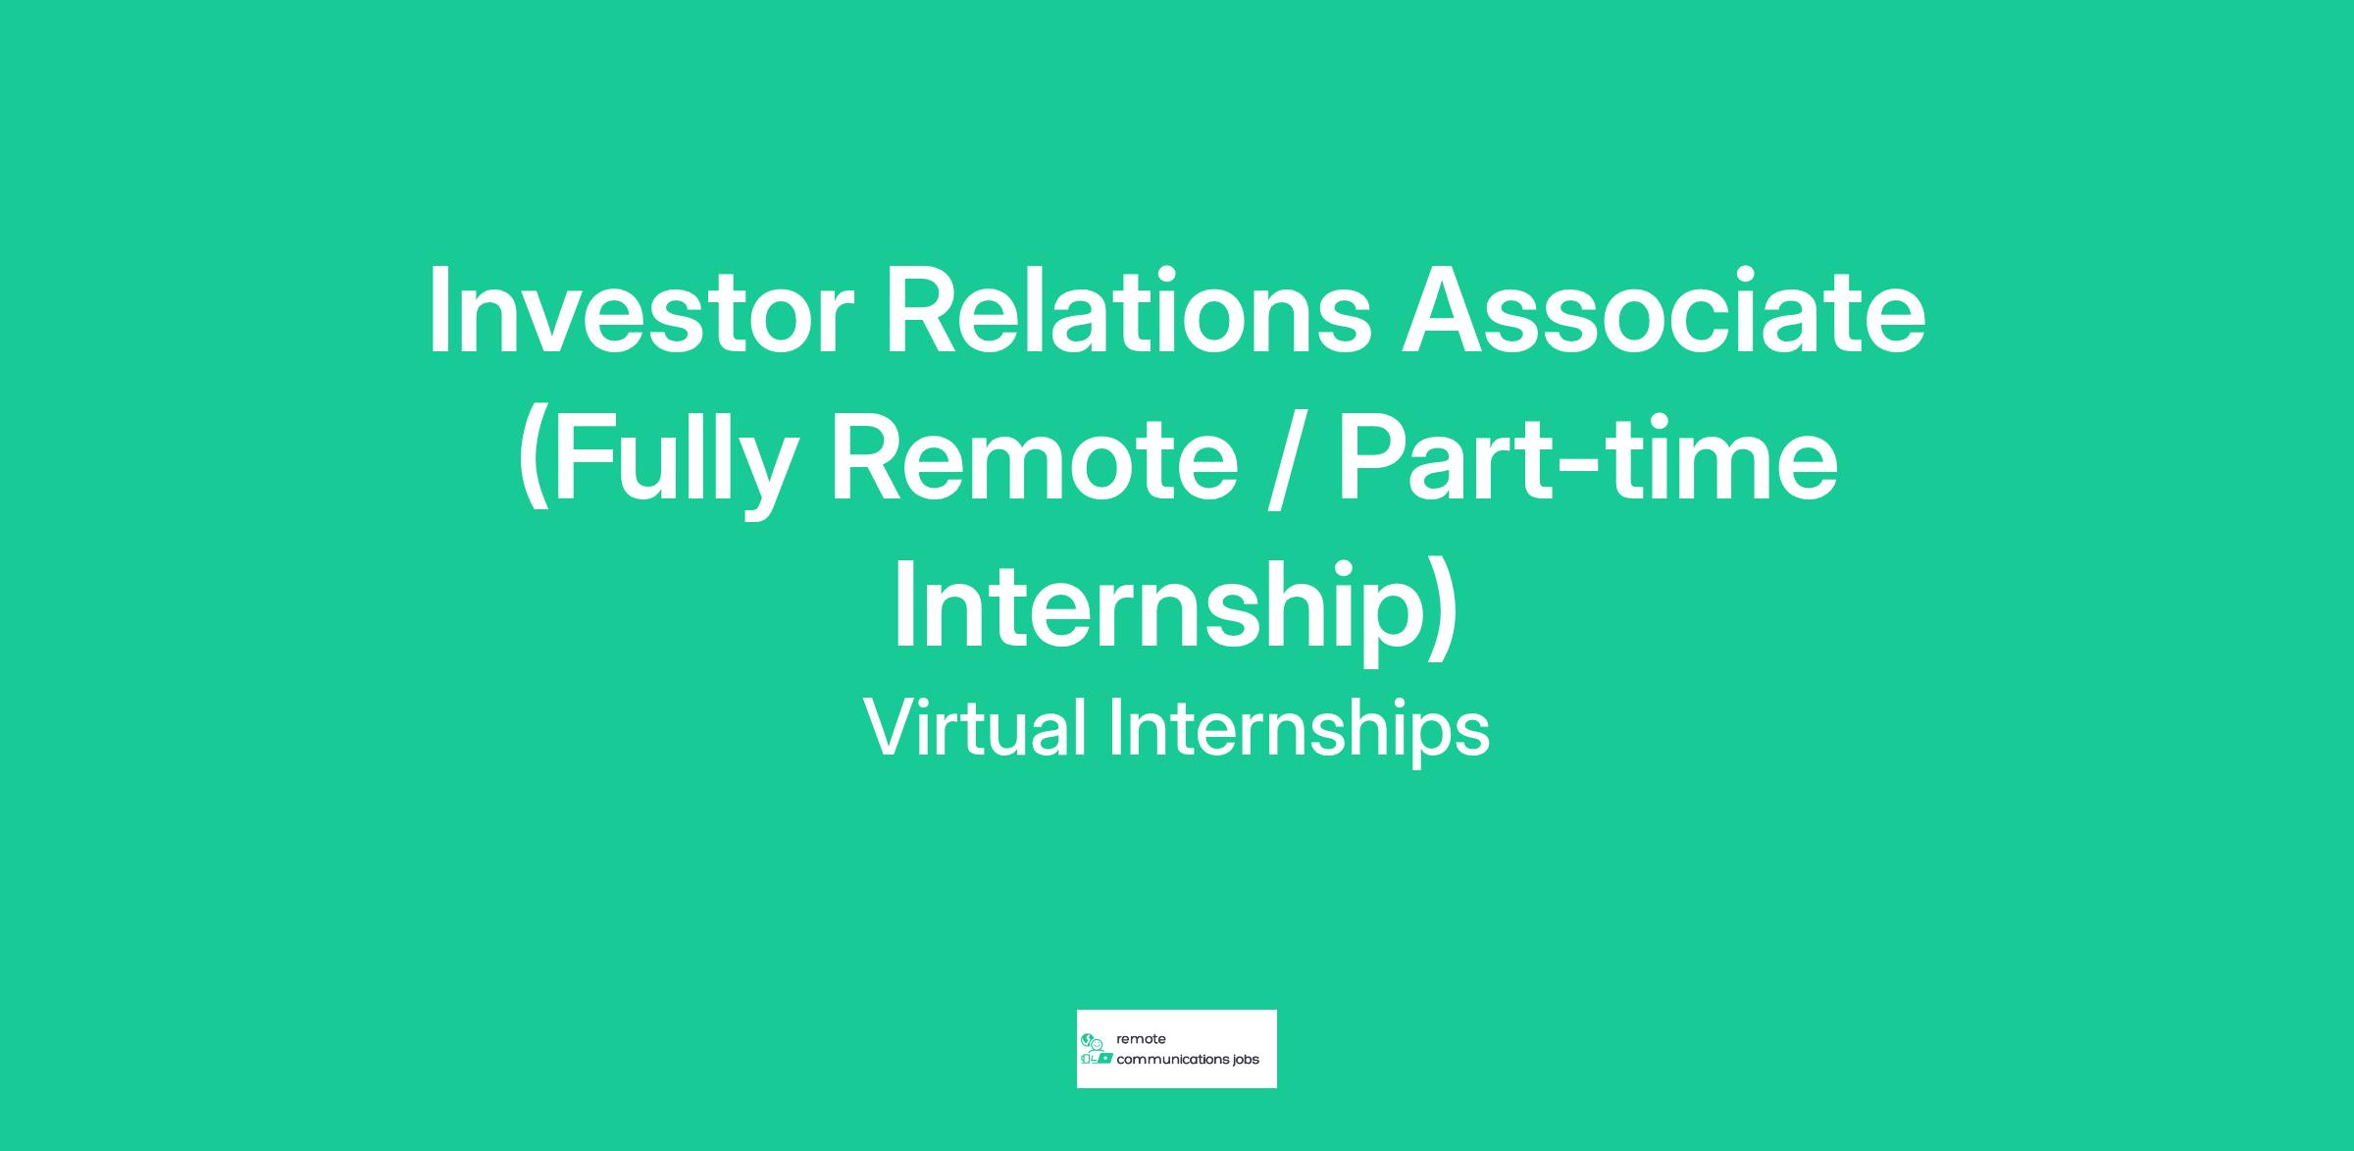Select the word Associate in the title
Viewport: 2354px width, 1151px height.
tap(1663, 309)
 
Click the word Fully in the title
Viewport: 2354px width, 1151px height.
tap(682, 461)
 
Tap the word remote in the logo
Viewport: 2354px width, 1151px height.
tap(1142, 1039)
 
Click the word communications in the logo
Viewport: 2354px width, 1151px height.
tap(1173, 1060)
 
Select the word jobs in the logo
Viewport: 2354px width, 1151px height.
tap(1247, 1061)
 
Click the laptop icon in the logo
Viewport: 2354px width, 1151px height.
tap(1104, 1060)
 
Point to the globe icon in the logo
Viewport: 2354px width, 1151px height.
tap(1087, 1039)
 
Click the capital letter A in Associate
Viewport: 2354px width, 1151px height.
tap(1441, 309)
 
